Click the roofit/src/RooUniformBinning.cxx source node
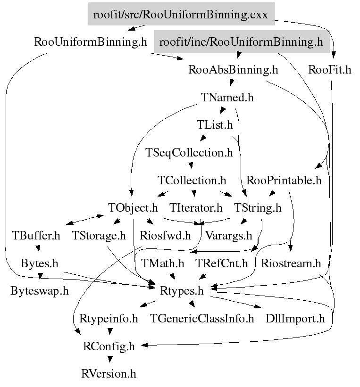(x=181, y=15)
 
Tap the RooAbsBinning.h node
(x=233, y=70)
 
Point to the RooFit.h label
(x=330, y=70)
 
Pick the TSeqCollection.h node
(x=189, y=153)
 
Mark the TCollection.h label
(x=192, y=180)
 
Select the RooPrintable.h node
(x=284, y=180)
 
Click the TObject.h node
(x=133, y=207)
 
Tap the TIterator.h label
(x=196, y=207)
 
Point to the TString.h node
(x=258, y=207)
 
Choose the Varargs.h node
(x=229, y=235)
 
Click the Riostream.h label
(x=291, y=263)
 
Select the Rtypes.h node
(x=182, y=291)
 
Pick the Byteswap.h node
(x=40, y=291)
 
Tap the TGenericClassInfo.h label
(x=202, y=319)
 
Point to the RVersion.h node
(x=109, y=374)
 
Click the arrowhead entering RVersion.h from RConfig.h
(x=109, y=360)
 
